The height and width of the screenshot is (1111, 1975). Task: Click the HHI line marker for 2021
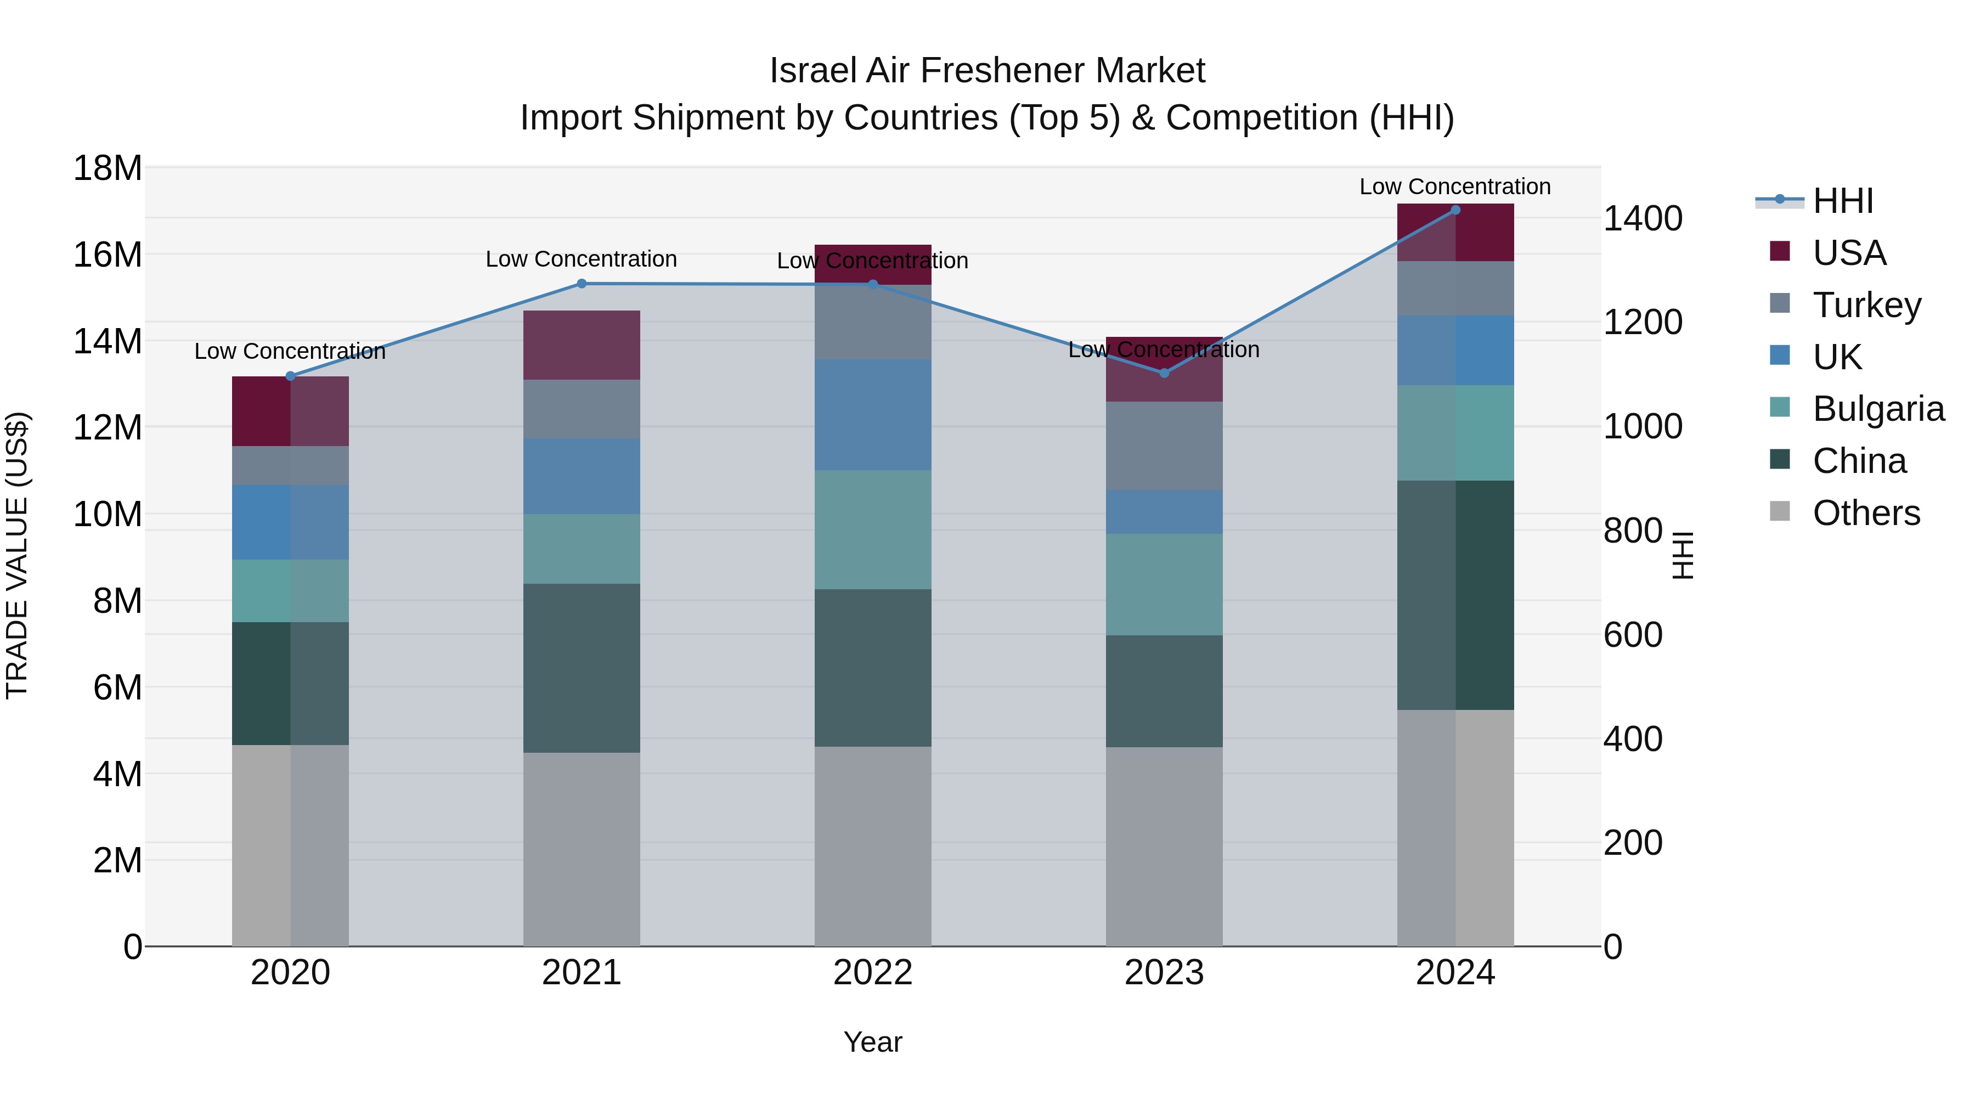581,284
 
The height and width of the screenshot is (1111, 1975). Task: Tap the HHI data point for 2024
1455,210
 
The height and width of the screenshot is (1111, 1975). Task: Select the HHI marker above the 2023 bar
1164,374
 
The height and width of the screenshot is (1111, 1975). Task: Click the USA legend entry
1848,252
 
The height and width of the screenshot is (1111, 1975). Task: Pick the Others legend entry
1865,513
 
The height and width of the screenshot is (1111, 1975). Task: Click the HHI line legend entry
1842,201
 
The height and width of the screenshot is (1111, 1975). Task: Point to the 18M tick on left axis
108,168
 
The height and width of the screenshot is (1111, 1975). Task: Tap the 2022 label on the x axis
872,973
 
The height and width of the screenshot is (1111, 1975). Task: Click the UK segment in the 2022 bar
872,415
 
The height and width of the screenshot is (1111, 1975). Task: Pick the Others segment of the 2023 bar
1164,847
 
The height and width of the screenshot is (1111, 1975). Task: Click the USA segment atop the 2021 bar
581,345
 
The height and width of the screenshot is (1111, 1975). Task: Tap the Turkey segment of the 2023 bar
1164,445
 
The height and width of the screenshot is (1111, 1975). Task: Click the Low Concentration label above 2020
290,351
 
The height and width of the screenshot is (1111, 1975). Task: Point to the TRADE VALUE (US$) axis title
17,555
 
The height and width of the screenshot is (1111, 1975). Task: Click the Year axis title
872,1042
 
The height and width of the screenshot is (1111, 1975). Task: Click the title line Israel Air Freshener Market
987,71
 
